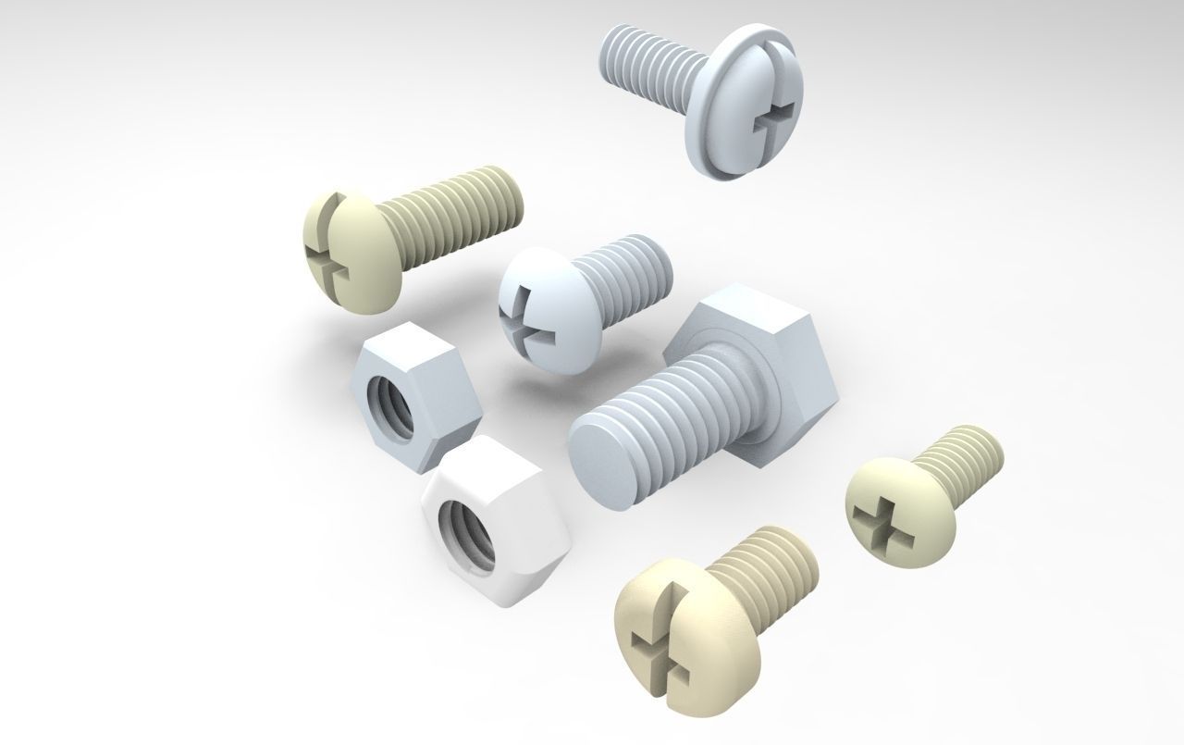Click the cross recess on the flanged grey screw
775,118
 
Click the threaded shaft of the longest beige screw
453,213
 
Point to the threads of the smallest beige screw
967,458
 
